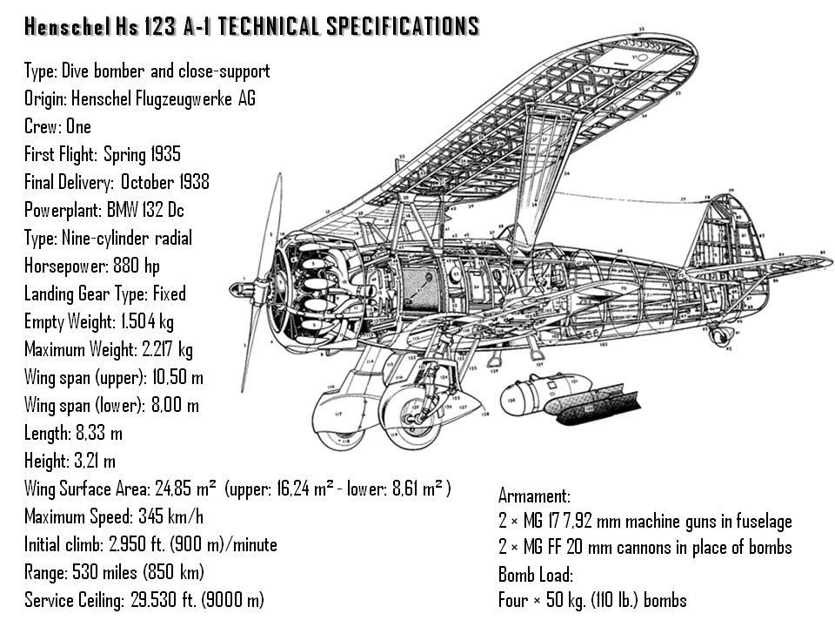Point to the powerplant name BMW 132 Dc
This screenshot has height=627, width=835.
point(145,210)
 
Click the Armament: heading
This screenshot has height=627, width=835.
point(534,496)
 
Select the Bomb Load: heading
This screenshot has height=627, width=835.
point(536,575)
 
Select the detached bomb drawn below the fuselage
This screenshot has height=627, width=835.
point(544,394)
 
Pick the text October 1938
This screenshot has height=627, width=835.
point(165,182)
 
